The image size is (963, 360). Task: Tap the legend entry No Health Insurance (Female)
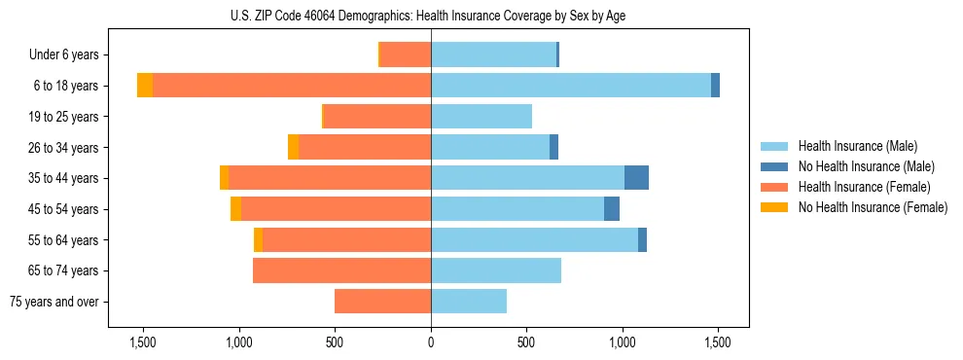coord(873,207)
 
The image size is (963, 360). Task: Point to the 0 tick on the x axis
coord(431,342)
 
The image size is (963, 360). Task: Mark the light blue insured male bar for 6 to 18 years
coord(571,86)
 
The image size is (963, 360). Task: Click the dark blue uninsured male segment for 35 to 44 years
coord(636,178)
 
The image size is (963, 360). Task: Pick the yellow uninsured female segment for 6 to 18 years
coord(145,86)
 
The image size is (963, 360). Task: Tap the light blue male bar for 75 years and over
coord(469,302)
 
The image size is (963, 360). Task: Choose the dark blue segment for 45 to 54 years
coord(612,209)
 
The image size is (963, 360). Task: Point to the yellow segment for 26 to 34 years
coord(294,147)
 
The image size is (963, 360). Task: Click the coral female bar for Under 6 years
coord(406,55)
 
